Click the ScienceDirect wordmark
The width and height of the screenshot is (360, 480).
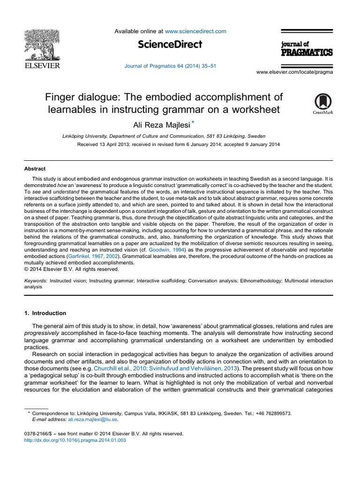170,45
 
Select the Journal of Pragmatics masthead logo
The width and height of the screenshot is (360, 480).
307,48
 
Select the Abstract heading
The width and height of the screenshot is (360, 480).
35,169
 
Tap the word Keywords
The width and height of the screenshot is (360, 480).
36,280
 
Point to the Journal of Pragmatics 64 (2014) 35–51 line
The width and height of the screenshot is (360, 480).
170,66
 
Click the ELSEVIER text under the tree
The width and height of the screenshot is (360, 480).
42,66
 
